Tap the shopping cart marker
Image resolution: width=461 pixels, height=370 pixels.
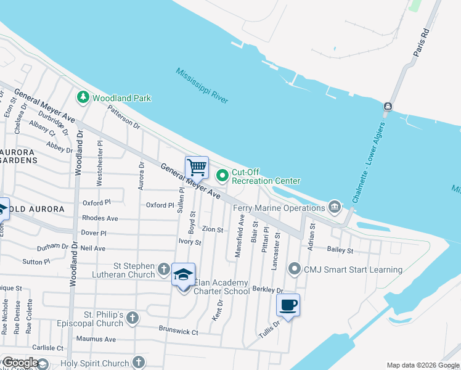(197, 166)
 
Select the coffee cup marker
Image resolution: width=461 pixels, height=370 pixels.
(288, 305)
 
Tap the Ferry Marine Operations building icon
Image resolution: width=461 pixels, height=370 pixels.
(335, 205)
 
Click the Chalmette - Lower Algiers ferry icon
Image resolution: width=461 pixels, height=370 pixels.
(387, 107)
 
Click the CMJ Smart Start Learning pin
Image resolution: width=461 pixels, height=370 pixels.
(295, 269)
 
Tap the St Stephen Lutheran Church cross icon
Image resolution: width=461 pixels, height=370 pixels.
(163, 269)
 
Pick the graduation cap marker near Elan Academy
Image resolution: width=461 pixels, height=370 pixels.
(183, 274)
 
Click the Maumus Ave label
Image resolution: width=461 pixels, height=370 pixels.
(96, 339)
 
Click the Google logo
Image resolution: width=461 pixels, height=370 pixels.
(20, 363)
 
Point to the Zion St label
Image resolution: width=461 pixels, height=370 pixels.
(212, 229)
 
